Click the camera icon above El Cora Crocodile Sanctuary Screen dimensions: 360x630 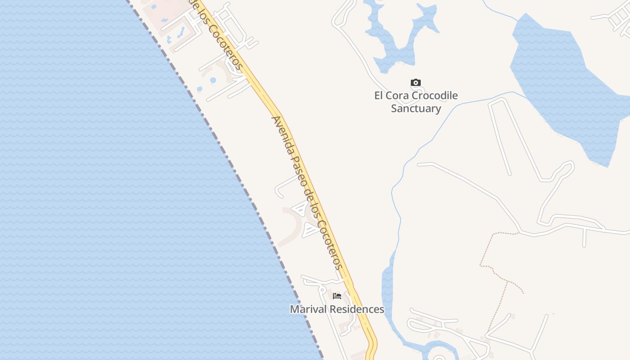pyautogui.click(x=416, y=83)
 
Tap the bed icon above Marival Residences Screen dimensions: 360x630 pyautogui.click(x=337, y=296)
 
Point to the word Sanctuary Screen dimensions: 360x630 pyautogui.click(x=416, y=108)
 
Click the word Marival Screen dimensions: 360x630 pyautogui.click(x=307, y=310)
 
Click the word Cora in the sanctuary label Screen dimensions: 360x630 pyautogui.click(x=396, y=95)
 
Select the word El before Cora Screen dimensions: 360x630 pyautogui.click(x=379, y=95)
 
